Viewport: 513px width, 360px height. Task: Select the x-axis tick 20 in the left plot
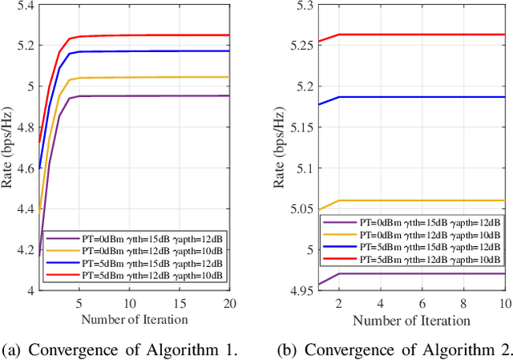tap(228, 305)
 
